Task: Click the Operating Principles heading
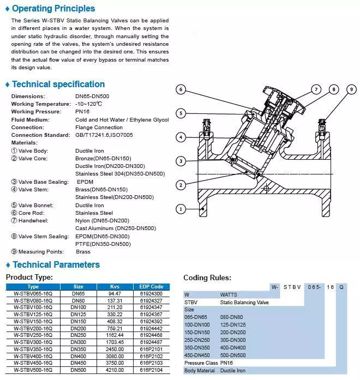click(x=53, y=9)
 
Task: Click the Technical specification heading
click(x=58, y=85)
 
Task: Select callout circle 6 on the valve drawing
click(x=181, y=89)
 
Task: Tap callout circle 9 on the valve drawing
click(x=351, y=89)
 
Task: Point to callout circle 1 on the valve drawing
click(x=181, y=209)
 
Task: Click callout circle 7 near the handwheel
click(x=316, y=89)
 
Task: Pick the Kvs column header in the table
click(x=115, y=286)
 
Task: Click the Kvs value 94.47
click(x=115, y=293)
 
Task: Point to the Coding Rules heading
click(x=207, y=278)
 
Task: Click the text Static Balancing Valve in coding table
click(x=244, y=301)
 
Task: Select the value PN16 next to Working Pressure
click(x=83, y=112)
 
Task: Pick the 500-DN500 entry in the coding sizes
click(x=233, y=355)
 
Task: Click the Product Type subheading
click(x=29, y=278)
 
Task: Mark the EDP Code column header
click(x=151, y=286)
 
